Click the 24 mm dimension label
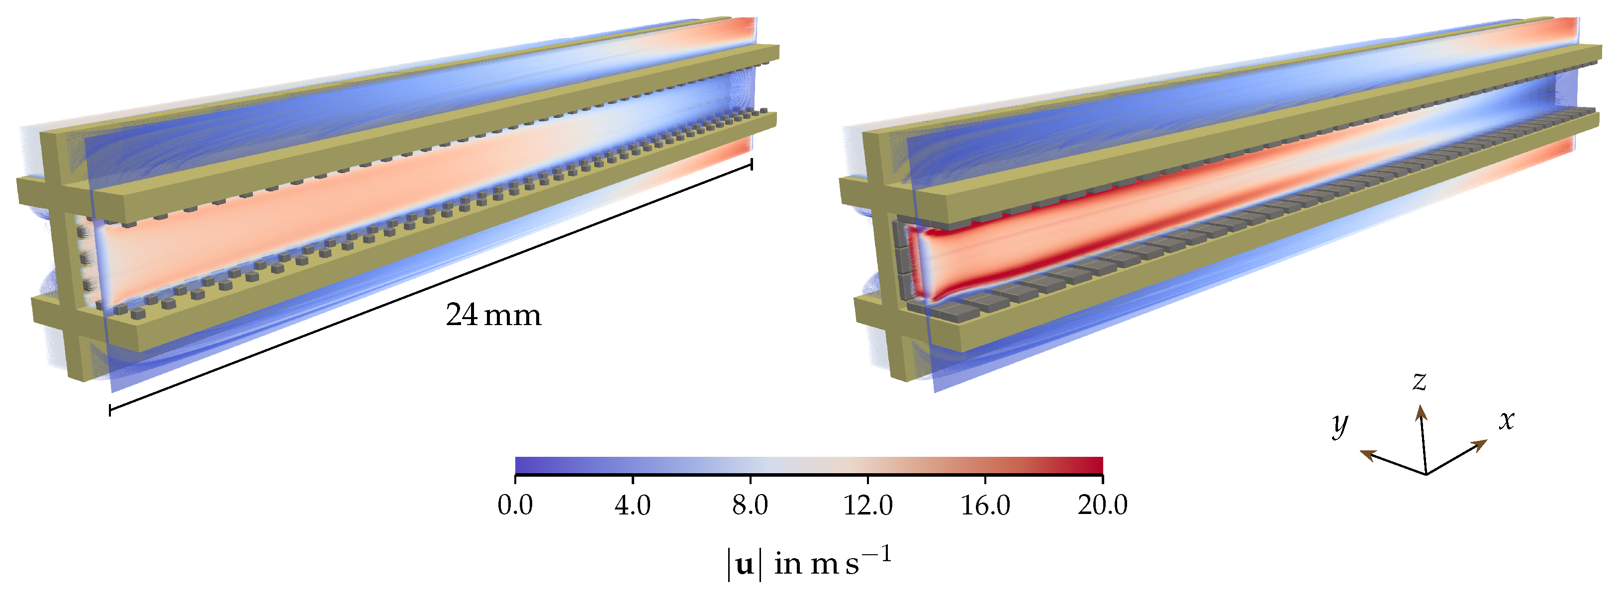tap(493, 315)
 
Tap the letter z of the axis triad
tap(1420, 381)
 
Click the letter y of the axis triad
tap(1340, 424)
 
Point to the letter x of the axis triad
tap(1506, 420)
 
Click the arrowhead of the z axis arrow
tap(1420, 412)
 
